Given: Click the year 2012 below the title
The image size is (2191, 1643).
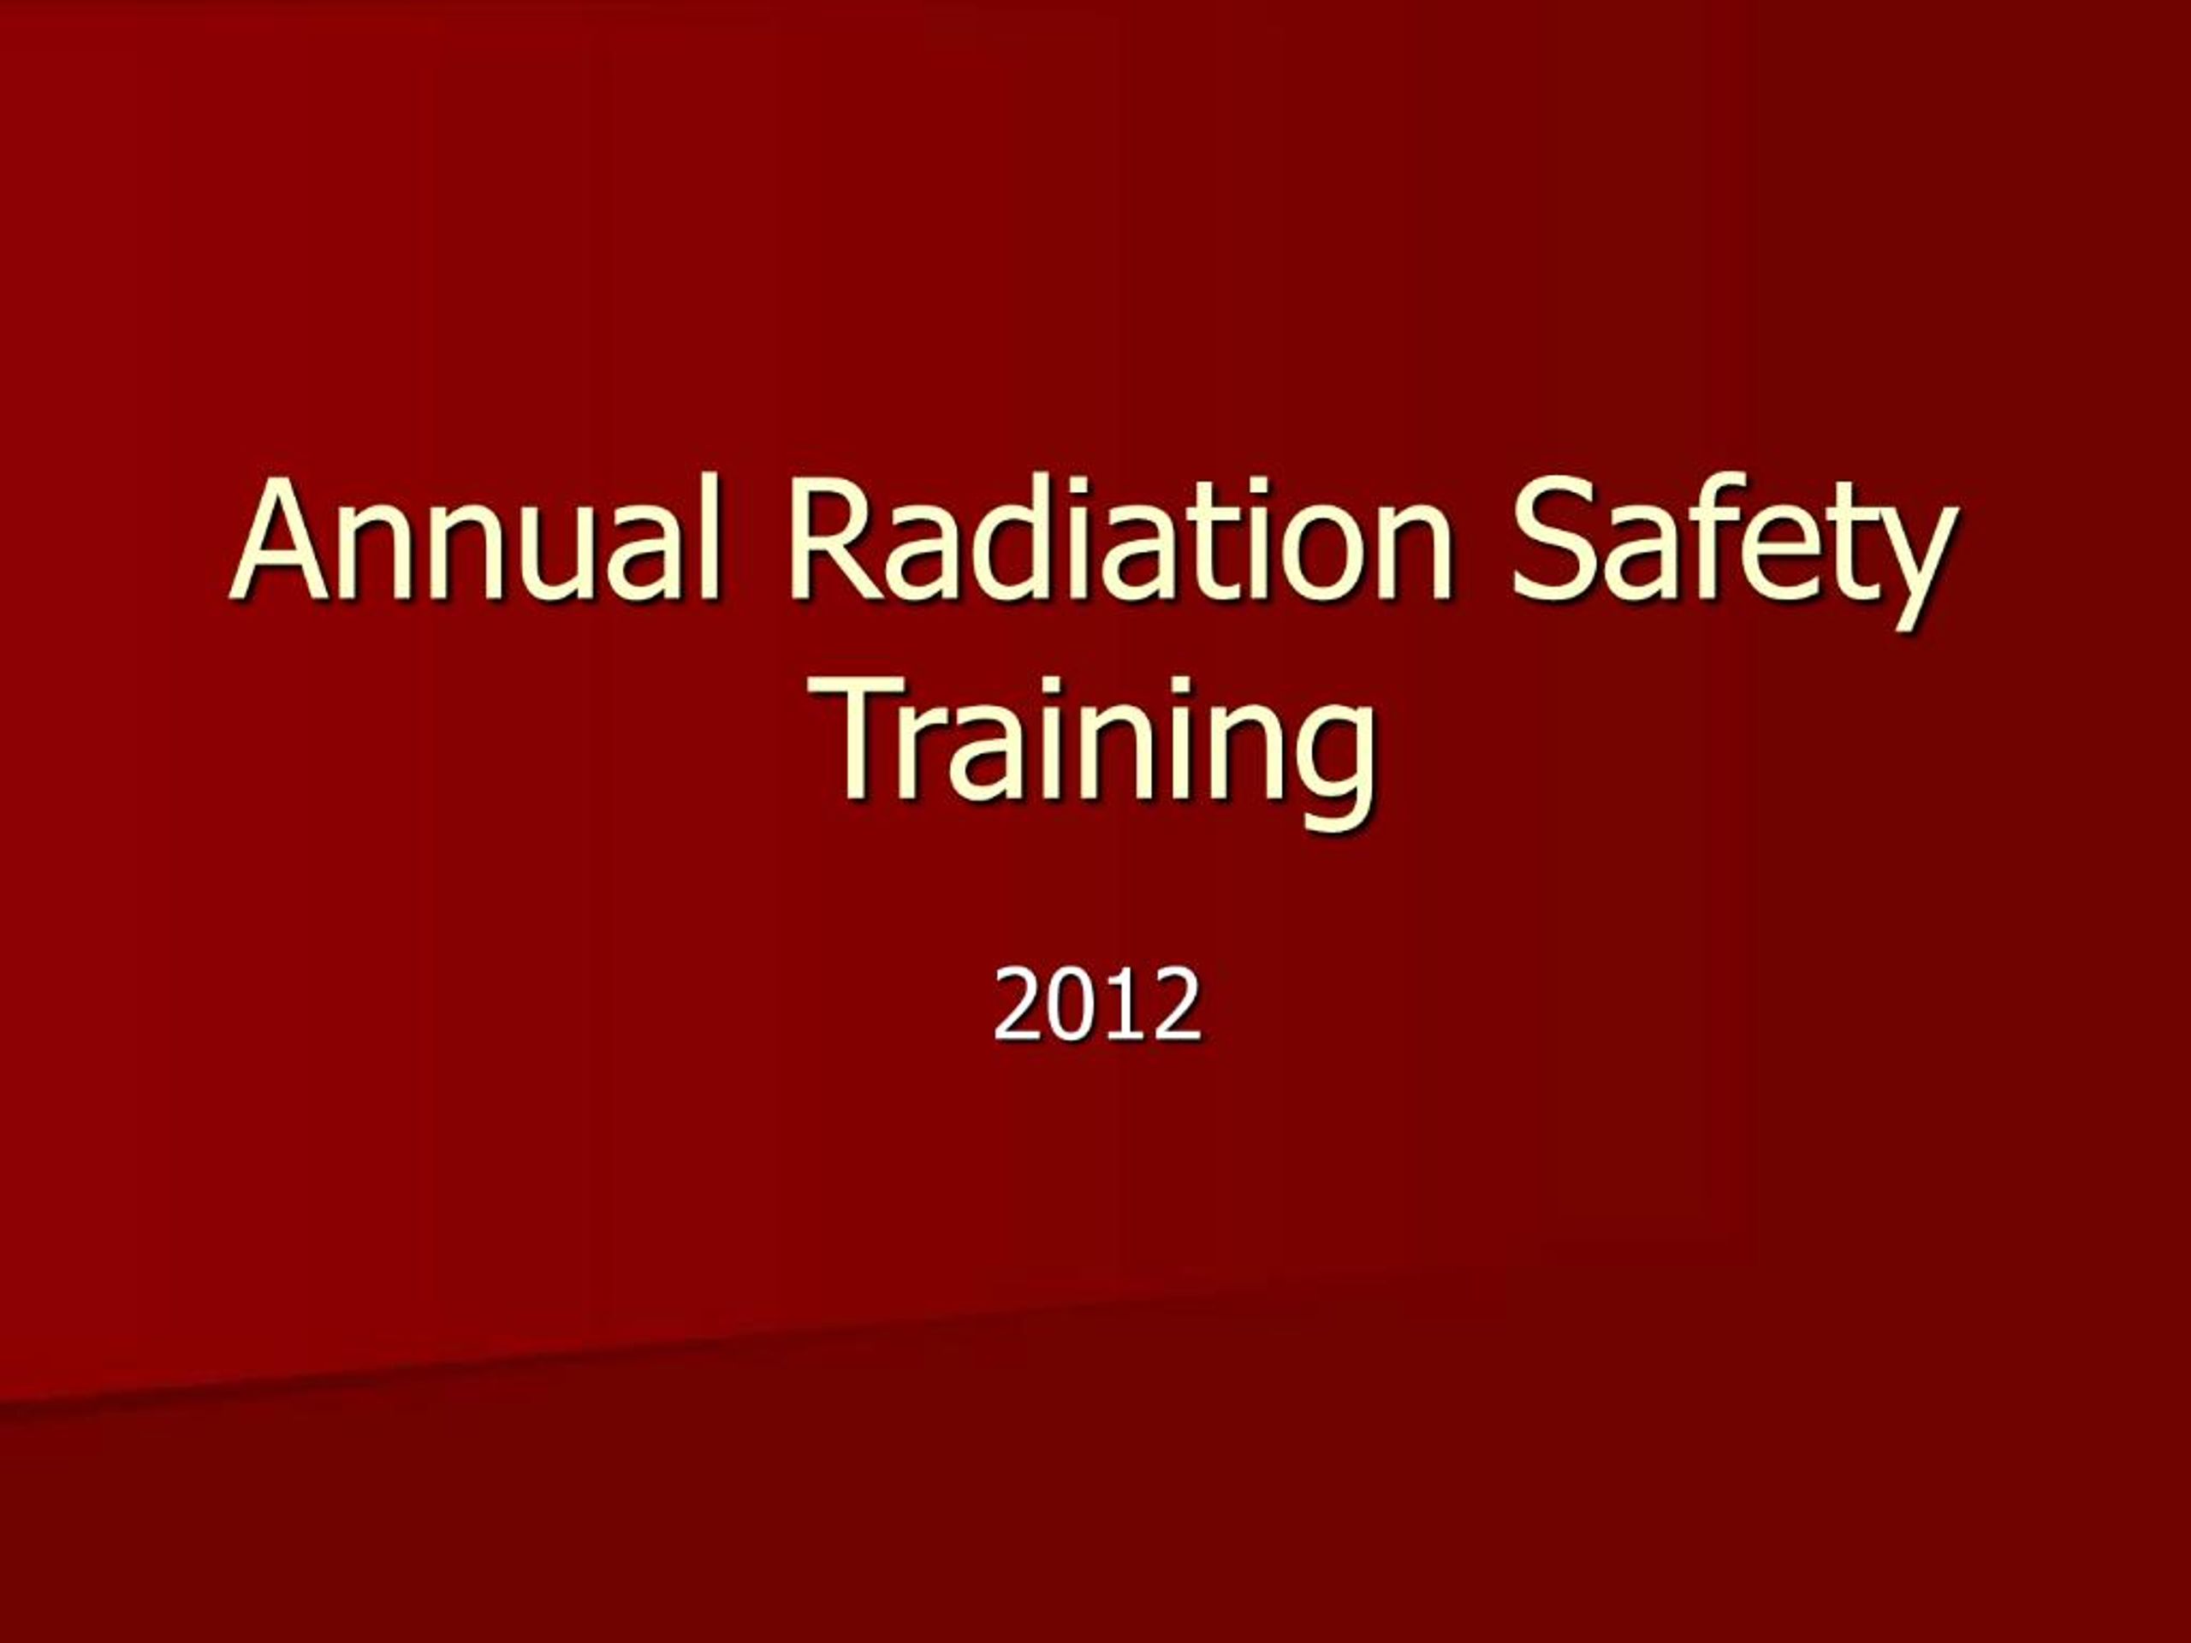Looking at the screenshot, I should tap(1096, 1006).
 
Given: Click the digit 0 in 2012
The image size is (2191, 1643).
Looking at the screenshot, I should tap(1071, 1006).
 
